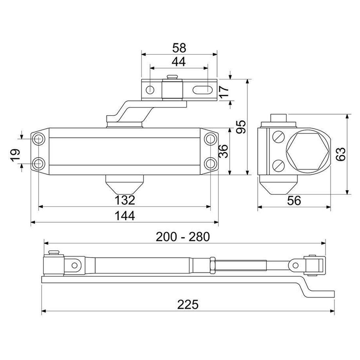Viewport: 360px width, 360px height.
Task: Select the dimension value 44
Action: coord(179,62)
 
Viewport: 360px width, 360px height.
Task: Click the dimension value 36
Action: coord(223,151)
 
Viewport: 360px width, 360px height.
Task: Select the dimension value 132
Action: coord(125,200)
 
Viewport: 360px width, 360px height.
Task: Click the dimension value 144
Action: coord(125,216)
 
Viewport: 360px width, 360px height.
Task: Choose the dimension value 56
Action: coord(294,200)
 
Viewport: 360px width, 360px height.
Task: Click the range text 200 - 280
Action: coord(182,236)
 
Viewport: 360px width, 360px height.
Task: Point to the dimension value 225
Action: coord(188,305)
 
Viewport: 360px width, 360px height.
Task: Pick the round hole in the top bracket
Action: coord(151,89)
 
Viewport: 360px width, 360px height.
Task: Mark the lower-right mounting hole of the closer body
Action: coord(210,163)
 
